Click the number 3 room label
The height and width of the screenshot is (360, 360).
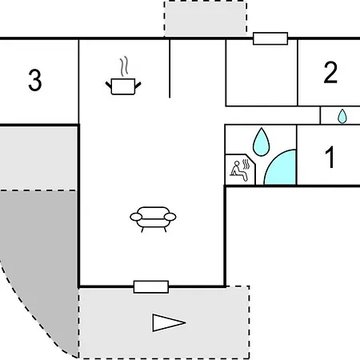click(35, 80)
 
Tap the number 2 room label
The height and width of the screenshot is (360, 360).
click(330, 72)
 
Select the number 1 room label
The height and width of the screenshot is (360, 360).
click(330, 157)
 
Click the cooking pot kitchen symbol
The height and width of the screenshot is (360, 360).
click(123, 86)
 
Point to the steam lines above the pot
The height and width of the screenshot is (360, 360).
click(124, 66)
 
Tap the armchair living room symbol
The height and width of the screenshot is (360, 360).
click(153, 219)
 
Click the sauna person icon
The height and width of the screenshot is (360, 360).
click(240, 170)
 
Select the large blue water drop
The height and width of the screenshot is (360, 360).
click(261, 142)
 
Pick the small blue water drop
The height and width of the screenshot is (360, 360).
click(342, 116)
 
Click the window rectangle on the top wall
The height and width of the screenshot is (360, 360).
click(270, 38)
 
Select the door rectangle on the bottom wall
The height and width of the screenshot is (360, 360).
click(151, 287)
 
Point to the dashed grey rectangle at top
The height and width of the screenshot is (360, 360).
click(206, 18)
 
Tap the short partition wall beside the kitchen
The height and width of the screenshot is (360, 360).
click(170, 69)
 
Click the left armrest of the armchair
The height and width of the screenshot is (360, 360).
click(136, 217)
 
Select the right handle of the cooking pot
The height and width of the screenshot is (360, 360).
click(138, 86)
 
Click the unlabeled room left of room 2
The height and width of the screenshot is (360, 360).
click(262, 73)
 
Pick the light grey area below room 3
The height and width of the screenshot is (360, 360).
click(38, 158)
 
